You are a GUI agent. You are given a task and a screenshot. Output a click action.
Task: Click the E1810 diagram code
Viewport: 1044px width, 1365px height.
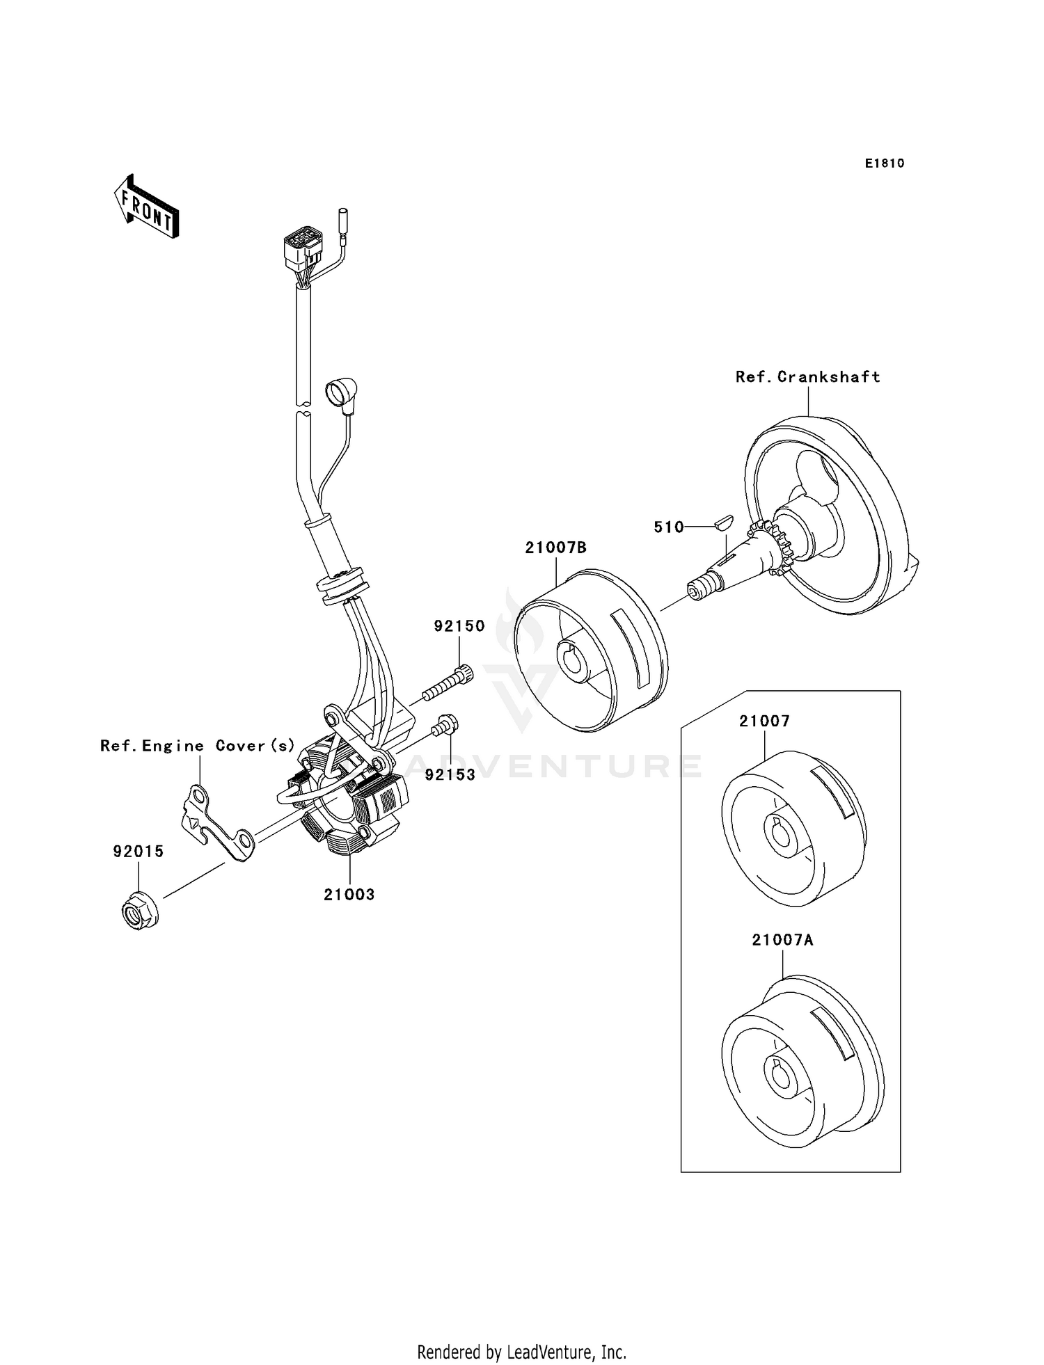pos(884,163)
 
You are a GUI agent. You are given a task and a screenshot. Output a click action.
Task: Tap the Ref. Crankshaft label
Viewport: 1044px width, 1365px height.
pos(807,377)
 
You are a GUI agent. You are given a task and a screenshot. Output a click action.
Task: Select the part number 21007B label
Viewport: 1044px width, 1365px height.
pos(555,548)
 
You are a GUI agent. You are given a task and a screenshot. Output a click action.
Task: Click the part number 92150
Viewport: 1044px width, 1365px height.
pos(459,626)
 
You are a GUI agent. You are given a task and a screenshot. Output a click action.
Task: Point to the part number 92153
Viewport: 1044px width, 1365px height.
pos(450,774)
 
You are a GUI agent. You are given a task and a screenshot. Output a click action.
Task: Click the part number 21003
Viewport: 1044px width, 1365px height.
pos(349,895)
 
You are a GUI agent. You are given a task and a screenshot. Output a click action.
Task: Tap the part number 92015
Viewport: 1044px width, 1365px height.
pos(139,852)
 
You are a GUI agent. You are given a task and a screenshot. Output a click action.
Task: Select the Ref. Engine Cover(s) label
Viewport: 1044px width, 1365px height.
pos(198,746)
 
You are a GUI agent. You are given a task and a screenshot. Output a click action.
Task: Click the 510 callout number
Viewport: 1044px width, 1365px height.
pos(668,527)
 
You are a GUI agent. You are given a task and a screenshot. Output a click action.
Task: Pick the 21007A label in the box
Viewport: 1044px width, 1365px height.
pos(782,940)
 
